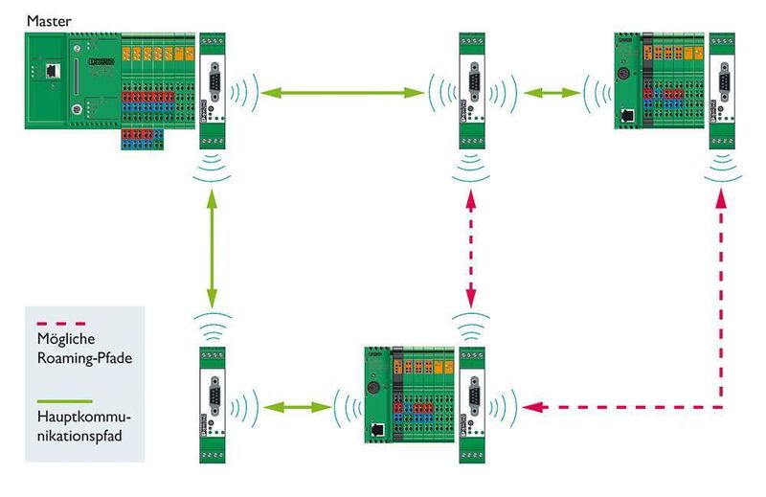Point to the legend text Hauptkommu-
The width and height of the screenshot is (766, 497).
click(83, 419)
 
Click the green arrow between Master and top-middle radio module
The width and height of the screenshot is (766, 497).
click(344, 93)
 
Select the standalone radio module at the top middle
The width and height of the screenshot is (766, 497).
click(470, 91)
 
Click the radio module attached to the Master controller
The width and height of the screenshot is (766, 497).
click(211, 91)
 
